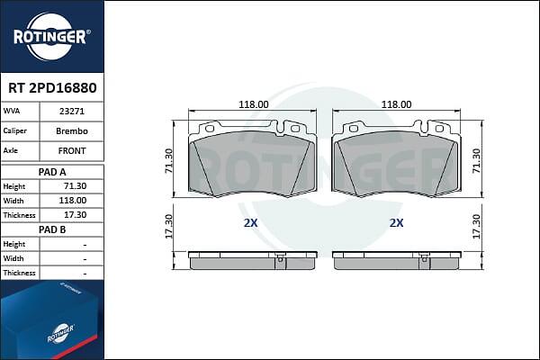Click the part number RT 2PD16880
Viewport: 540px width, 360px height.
(x=52, y=88)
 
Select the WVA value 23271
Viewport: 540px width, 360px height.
(x=72, y=112)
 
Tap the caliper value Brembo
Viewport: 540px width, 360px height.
(x=72, y=131)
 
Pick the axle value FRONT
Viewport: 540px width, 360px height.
(x=72, y=151)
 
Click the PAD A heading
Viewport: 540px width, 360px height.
(x=52, y=172)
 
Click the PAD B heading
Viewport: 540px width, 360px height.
(x=52, y=229)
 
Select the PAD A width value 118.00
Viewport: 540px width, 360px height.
(x=73, y=201)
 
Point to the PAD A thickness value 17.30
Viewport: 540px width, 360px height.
(x=76, y=215)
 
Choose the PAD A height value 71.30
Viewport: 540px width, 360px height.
(x=76, y=186)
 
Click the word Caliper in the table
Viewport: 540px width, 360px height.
(x=14, y=130)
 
